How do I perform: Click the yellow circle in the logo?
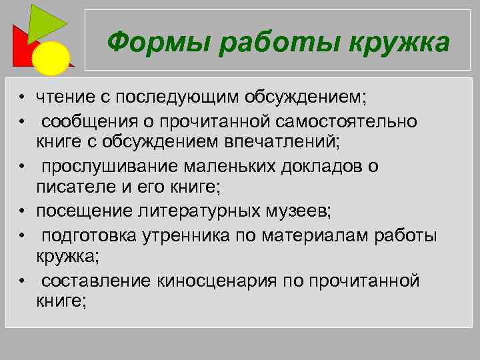click(x=51, y=58)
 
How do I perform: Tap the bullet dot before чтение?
click(x=22, y=99)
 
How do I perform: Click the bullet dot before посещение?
click(x=22, y=211)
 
